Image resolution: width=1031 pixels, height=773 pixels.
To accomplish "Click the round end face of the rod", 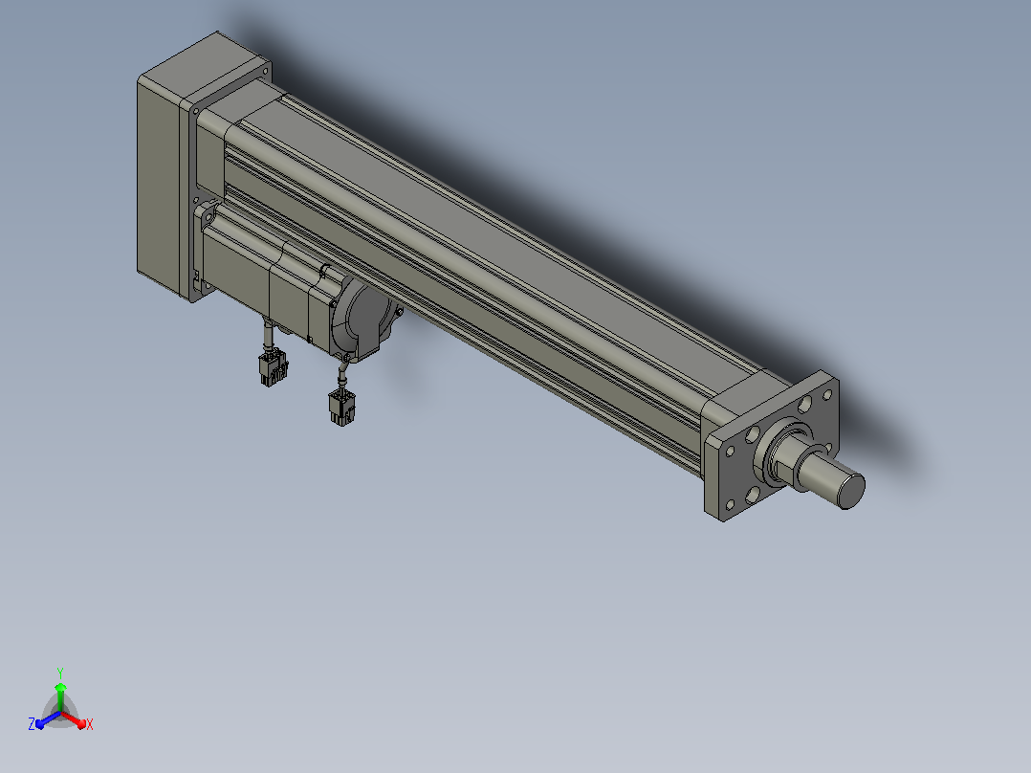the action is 853,491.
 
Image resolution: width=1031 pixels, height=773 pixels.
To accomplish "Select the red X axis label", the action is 90,724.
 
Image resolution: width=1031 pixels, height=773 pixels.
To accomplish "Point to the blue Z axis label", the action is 31,723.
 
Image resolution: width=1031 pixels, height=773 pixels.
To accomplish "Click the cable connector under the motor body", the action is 274,367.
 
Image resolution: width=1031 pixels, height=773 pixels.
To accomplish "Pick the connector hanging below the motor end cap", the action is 342,408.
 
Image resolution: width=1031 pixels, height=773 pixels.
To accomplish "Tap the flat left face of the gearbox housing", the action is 158,187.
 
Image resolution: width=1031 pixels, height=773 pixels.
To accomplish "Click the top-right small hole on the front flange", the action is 828,395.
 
